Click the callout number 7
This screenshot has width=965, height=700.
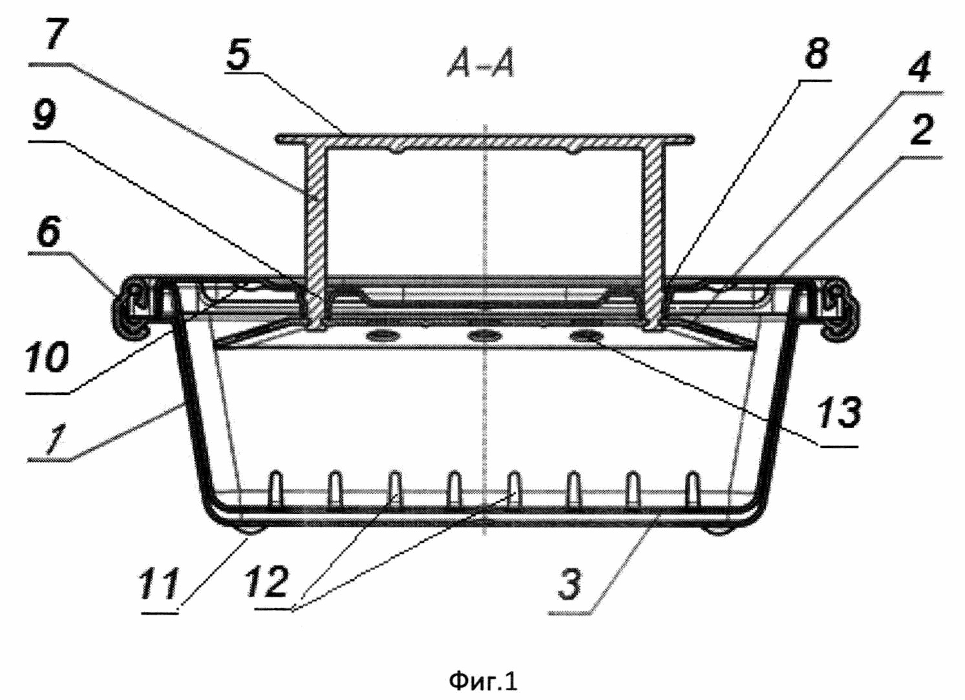(x=54, y=34)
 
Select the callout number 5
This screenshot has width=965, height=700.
(x=239, y=54)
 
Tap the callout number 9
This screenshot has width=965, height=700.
(x=45, y=115)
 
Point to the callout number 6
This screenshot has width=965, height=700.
(x=48, y=231)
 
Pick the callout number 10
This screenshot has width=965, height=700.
(x=47, y=357)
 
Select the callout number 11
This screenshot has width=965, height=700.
(x=158, y=584)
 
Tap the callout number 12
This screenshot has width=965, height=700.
(x=266, y=582)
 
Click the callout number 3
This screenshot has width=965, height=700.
(x=569, y=584)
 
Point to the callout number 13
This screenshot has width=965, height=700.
(x=839, y=413)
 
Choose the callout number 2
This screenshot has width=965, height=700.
(x=922, y=129)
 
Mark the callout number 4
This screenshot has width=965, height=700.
(x=919, y=67)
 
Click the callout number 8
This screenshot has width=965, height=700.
(x=816, y=53)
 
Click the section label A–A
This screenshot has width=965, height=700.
(x=481, y=65)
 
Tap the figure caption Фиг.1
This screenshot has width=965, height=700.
(x=483, y=680)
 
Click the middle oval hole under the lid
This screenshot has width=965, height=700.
(x=484, y=335)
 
